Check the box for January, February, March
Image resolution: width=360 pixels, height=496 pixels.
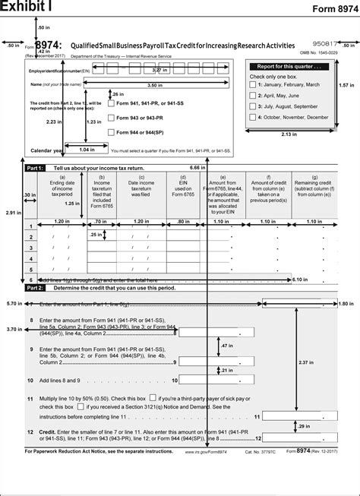tap(254, 85)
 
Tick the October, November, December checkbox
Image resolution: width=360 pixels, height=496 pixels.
tap(254, 118)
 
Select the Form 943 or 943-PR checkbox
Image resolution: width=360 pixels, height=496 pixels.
tap(111, 118)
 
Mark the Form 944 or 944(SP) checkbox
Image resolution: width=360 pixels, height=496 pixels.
tap(111, 132)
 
